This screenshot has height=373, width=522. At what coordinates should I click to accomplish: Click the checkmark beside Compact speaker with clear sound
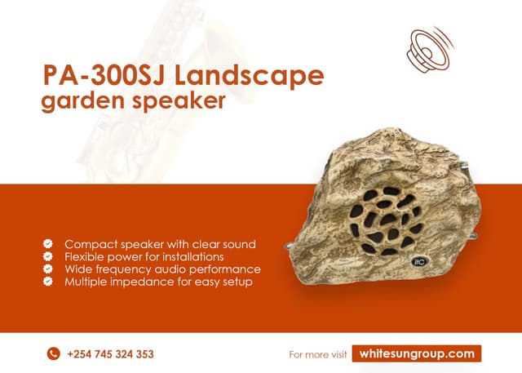click(49, 244)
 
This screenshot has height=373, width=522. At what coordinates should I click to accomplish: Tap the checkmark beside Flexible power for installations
click(49, 256)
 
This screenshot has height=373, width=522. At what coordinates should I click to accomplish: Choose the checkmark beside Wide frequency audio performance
click(49, 269)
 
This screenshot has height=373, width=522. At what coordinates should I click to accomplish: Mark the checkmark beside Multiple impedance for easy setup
click(49, 282)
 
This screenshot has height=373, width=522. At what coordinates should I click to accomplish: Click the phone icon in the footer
click(54, 354)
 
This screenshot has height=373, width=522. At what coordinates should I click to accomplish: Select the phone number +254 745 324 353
click(111, 354)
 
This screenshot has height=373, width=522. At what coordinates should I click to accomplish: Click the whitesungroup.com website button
click(417, 353)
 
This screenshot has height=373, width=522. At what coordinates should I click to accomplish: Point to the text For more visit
click(318, 354)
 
